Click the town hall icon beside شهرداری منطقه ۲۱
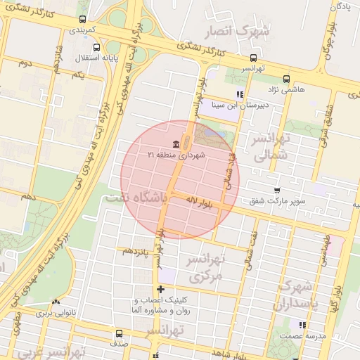pyautogui.click(x=175, y=144)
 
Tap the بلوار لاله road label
pyautogui.click(x=199, y=202)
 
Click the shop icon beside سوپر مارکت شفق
pyautogui.click(x=278, y=191)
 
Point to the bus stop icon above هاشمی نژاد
pyautogui.click(x=285, y=79)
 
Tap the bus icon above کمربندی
pyautogui.click(x=84, y=20)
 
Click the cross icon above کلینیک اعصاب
pyautogui.click(x=161, y=288)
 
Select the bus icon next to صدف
pyautogui.click(x=117, y=333)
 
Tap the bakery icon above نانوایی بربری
pyautogui.click(x=56, y=302)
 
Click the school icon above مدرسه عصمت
pyautogui.click(x=302, y=325)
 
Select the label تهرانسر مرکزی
pyautogui.click(x=205, y=267)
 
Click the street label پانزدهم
pyautogui.click(x=136, y=250)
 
